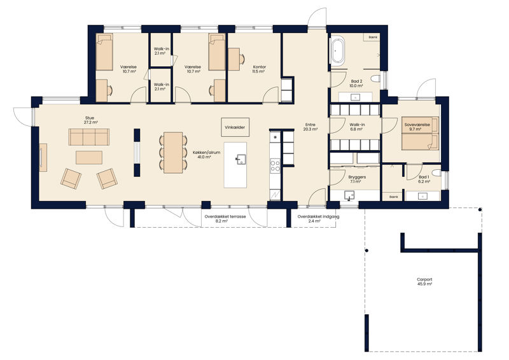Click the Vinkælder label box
click(235, 127)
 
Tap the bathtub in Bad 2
click(338, 52)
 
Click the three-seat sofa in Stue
click(89, 137)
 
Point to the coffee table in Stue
click(89, 158)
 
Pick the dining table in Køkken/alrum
click(173, 153)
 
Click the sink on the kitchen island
click(241, 159)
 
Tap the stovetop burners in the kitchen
click(275, 165)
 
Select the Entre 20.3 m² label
click(310, 127)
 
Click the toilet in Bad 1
click(437, 173)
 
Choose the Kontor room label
click(260, 69)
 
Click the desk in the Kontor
click(234, 59)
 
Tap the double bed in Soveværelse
click(420, 134)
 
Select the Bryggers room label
click(357, 179)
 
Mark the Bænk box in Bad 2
click(373, 38)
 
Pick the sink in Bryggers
click(349, 196)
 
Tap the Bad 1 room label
click(424, 179)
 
